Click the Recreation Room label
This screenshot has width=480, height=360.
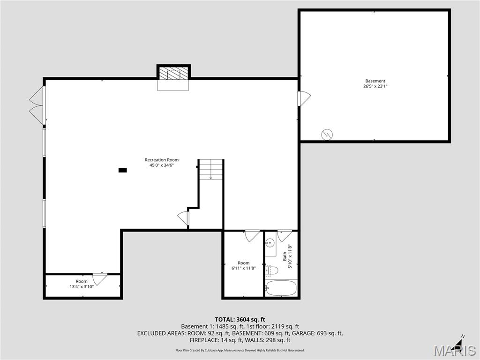pyautogui.click(x=161, y=160)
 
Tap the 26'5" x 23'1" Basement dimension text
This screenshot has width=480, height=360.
pyautogui.click(x=375, y=86)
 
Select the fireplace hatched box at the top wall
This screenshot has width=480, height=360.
pyautogui.click(x=173, y=74)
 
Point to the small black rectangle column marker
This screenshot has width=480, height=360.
pyautogui.click(x=122, y=170)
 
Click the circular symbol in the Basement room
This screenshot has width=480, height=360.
pyautogui.click(x=327, y=135)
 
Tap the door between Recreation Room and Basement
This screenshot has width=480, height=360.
pyautogui.click(x=304, y=98)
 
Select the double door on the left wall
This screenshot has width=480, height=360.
pyautogui.click(x=37, y=106)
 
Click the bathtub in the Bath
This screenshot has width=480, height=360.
pyautogui.click(x=281, y=288)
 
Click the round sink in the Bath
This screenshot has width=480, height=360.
pyautogui.click(x=270, y=243)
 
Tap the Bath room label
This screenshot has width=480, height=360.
pyautogui.click(x=285, y=257)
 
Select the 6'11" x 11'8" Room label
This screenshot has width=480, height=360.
pyautogui.click(x=243, y=265)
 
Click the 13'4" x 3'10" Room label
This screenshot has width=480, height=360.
pyautogui.click(x=82, y=284)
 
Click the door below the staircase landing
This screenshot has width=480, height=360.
pyautogui.click(x=183, y=218)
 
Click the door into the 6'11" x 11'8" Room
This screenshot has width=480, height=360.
pyautogui.click(x=252, y=235)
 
